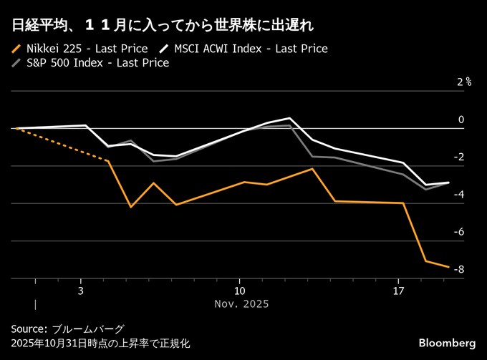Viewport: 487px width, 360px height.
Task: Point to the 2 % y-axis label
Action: (x=463, y=82)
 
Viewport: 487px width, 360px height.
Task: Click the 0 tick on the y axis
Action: (x=461, y=120)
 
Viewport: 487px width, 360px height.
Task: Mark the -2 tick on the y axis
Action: (x=460, y=157)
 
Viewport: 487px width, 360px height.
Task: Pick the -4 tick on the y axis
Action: (x=460, y=194)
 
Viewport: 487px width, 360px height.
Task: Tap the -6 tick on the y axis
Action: (x=460, y=232)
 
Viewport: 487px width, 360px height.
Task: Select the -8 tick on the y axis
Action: (x=460, y=269)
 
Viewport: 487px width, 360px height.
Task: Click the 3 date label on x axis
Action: (x=81, y=291)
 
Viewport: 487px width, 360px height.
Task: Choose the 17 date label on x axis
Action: (x=398, y=291)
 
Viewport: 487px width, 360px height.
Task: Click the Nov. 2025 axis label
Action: (x=241, y=304)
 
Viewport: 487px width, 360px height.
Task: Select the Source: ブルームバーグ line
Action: (x=67, y=329)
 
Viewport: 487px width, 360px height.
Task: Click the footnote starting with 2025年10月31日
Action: (x=100, y=344)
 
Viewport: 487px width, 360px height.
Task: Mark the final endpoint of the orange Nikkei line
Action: (x=449, y=267)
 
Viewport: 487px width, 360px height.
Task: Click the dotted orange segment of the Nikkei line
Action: (x=61, y=145)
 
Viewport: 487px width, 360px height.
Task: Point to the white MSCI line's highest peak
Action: (x=289, y=118)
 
